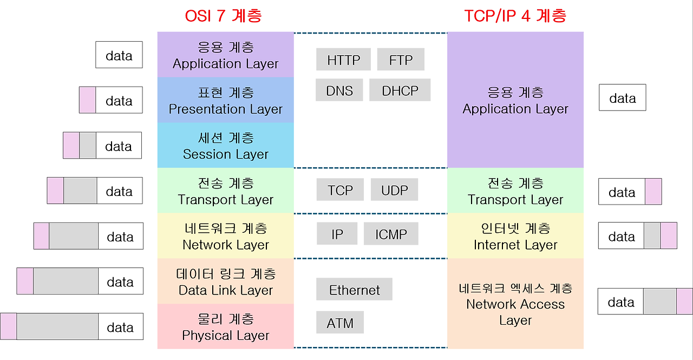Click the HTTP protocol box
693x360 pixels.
pos(343,60)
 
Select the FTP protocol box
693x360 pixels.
pos(401,60)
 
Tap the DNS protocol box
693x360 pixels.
pos(339,90)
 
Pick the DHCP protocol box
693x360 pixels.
pos(400,90)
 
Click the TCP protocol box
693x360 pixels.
pos(340,190)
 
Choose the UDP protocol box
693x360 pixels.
pos(394,190)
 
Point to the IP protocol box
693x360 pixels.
pos(337,234)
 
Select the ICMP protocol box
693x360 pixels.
pos(391,234)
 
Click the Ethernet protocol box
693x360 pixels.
pos(354,290)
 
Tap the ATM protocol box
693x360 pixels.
pos(340,323)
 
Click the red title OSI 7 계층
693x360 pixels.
pos(223,16)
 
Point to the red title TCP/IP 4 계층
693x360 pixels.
pos(515,16)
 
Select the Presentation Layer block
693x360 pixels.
pos(226,100)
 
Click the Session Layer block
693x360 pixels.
pos(226,146)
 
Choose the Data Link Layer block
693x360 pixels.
pos(226,282)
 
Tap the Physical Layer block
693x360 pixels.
pos(226,326)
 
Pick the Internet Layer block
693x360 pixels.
pos(515,236)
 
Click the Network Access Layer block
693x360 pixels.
pos(515,304)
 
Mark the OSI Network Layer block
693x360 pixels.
pos(226,236)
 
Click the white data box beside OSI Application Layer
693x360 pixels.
pos(119,55)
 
